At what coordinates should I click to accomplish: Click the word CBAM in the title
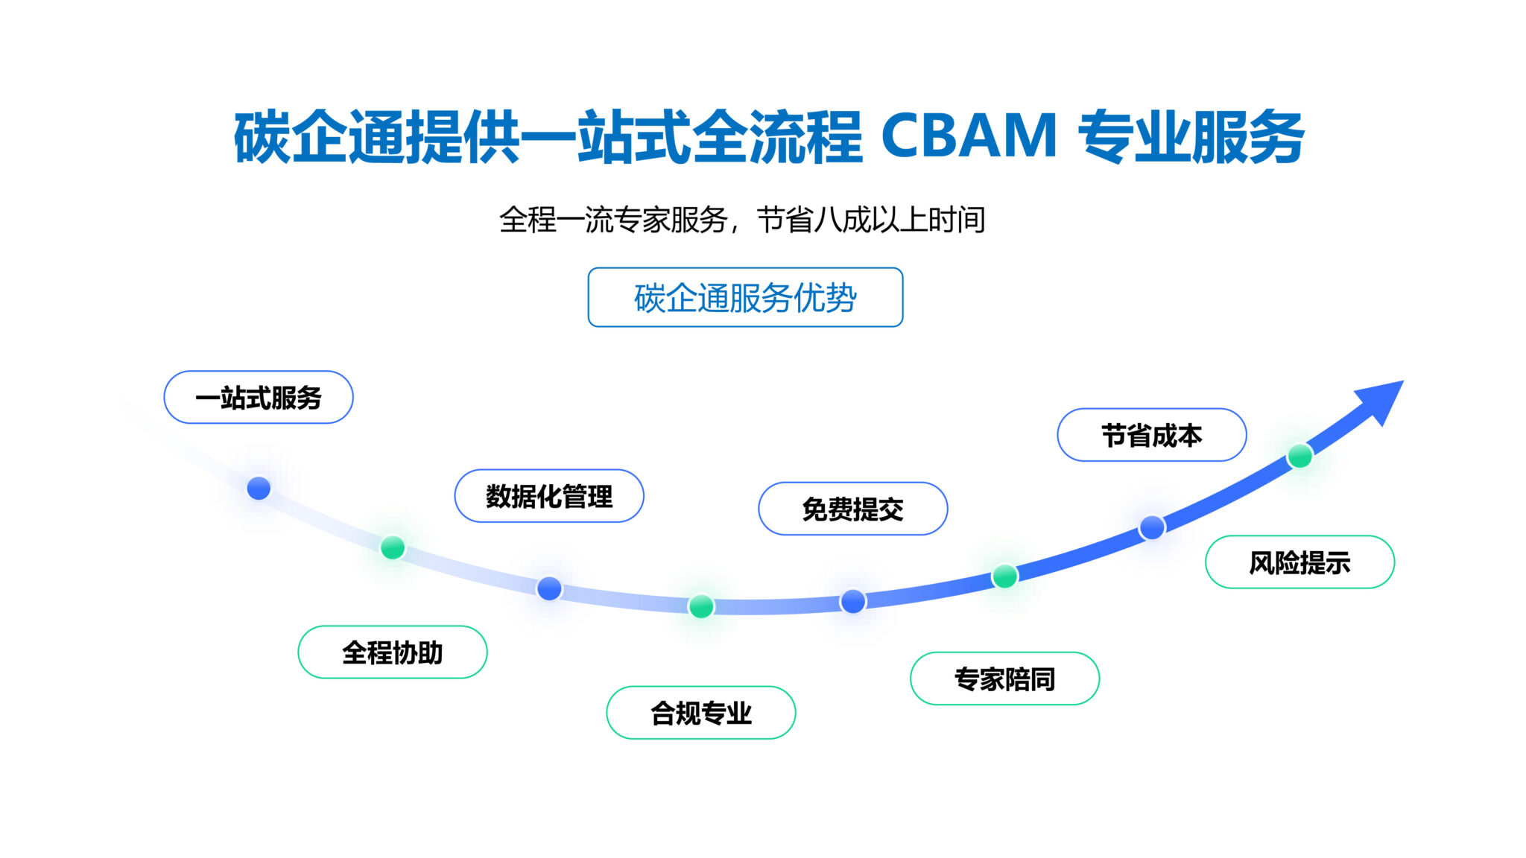pyautogui.click(x=969, y=136)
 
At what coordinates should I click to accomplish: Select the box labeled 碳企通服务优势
pyautogui.click(x=745, y=297)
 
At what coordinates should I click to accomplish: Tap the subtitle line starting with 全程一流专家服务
pyautogui.click(x=742, y=220)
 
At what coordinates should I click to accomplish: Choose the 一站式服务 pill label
pyautogui.click(x=259, y=397)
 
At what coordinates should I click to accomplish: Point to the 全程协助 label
pyautogui.click(x=393, y=652)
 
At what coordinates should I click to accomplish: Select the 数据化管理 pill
pyautogui.click(x=549, y=496)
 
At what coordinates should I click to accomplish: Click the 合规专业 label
pyautogui.click(x=701, y=713)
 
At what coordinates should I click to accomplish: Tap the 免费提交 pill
pyautogui.click(x=853, y=509)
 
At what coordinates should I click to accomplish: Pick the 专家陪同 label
pyautogui.click(x=1005, y=679)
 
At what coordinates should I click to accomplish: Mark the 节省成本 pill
pyautogui.click(x=1152, y=435)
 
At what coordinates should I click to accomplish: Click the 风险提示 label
pyautogui.click(x=1300, y=562)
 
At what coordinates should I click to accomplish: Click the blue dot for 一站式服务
pyautogui.click(x=259, y=489)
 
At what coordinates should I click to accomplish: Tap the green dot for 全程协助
pyautogui.click(x=393, y=547)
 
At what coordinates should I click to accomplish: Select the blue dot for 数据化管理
pyautogui.click(x=549, y=588)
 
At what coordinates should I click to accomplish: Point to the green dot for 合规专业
pyautogui.click(x=701, y=606)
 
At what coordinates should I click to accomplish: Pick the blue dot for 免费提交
pyautogui.click(x=853, y=601)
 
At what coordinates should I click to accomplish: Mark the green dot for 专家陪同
pyautogui.click(x=1005, y=576)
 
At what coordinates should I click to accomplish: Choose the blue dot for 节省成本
pyautogui.click(x=1152, y=527)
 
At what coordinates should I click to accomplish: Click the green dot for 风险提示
pyautogui.click(x=1300, y=456)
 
